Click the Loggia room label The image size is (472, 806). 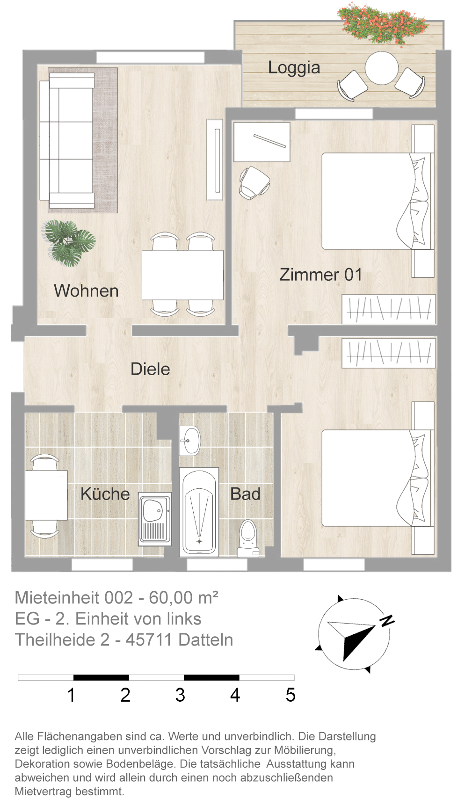(x=294, y=68)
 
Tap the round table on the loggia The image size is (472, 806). (x=381, y=68)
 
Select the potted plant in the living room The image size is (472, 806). (x=69, y=242)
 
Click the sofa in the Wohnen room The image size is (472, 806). (x=67, y=140)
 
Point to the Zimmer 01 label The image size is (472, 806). (x=320, y=275)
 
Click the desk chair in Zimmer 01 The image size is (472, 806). (x=254, y=182)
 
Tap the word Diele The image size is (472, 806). (x=150, y=369)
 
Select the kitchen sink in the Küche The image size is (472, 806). (x=155, y=519)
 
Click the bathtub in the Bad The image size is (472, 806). (x=199, y=512)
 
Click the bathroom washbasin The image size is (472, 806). (x=190, y=440)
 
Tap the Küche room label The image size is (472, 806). (x=105, y=494)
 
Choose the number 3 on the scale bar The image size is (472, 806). (x=180, y=695)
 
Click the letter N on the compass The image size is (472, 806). (x=387, y=620)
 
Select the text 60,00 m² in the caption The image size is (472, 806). (x=183, y=598)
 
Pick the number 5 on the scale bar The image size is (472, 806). (x=290, y=695)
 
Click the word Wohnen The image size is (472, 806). (x=86, y=291)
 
